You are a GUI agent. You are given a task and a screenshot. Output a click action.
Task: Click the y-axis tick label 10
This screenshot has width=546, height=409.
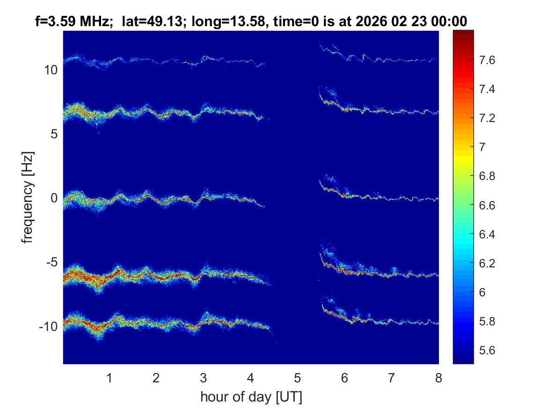[x=51, y=70]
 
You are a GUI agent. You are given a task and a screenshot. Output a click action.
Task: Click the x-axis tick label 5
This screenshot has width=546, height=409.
[x=298, y=378]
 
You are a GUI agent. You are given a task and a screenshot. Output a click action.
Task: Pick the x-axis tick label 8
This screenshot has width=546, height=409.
[x=438, y=378]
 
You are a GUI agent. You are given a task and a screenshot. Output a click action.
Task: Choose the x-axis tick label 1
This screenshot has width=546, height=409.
[x=109, y=378]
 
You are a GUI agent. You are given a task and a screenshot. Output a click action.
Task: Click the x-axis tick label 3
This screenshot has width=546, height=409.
[x=204, y=378]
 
